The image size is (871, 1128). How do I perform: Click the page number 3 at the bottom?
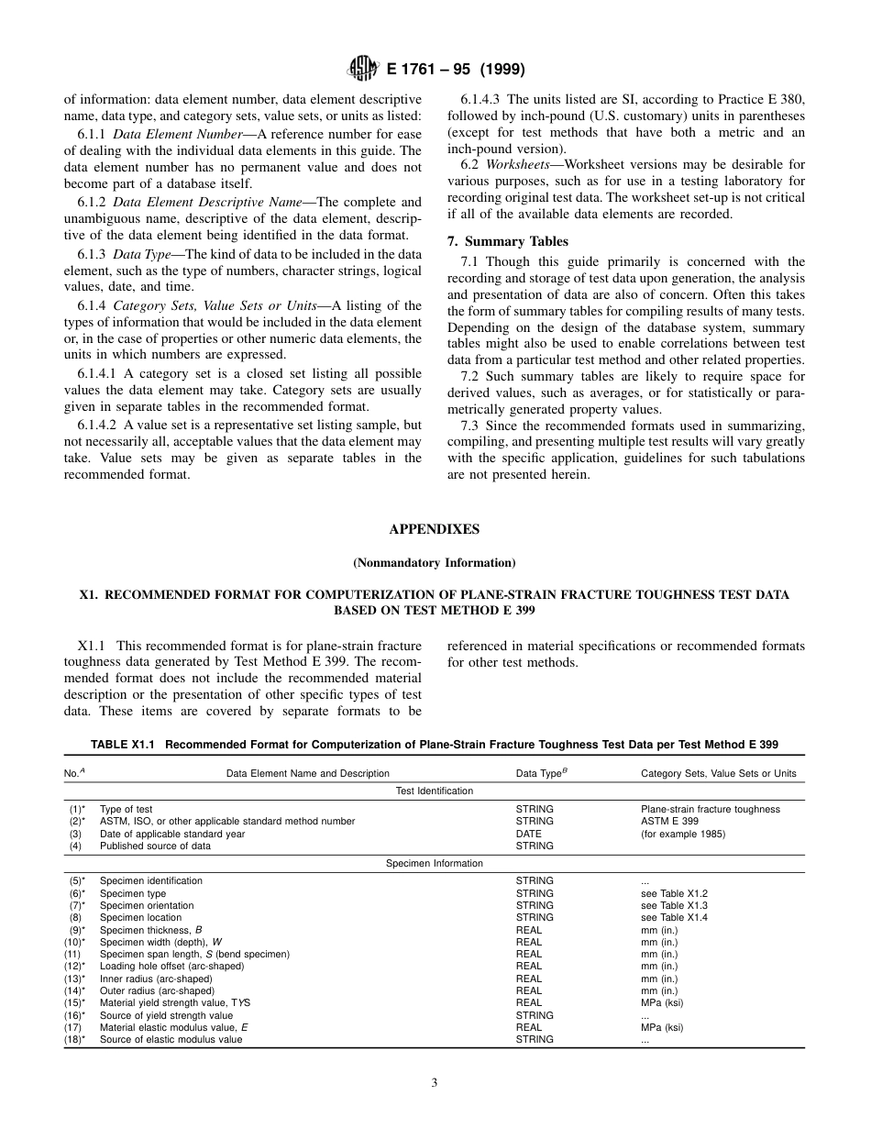pos(435,1082)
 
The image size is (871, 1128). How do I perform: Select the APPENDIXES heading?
pos(434,529)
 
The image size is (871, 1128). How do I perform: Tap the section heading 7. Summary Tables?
pos(507,241)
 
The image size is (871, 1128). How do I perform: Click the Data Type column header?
pos(541,773)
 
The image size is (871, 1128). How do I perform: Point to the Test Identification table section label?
pos(434,791)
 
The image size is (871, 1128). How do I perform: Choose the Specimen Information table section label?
pos(434,863)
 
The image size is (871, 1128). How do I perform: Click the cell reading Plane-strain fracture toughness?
pos(710,809)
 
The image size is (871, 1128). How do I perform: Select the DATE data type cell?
pos(528,834)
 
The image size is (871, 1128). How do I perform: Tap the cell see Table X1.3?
pos(674,905)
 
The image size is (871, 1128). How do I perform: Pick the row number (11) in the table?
pos(73,954)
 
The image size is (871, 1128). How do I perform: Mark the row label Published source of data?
pos(155,846)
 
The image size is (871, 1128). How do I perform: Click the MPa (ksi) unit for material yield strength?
pos(661,1002)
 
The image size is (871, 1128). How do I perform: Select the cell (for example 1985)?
pos(682,834)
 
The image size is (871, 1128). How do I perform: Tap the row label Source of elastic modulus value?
pos(171,1039)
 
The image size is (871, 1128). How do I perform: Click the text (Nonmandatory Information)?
pos(434,562)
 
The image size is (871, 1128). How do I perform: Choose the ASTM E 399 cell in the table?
pos(669,822)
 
